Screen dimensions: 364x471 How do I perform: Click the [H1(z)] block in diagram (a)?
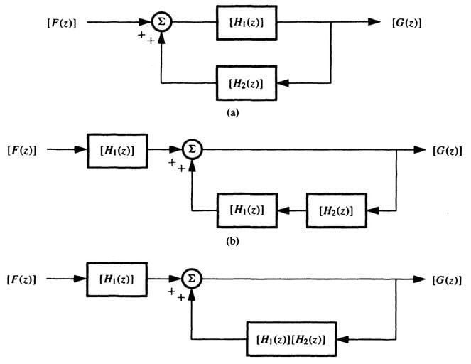[x=247, y=23]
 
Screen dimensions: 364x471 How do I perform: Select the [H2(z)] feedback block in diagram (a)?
[x=247, y=84]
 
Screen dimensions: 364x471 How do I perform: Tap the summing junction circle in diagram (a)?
[x=162, y=23]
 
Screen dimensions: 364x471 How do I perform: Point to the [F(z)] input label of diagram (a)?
[x=65, y=23]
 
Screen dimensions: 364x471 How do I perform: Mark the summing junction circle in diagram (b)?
[x=191, y=150]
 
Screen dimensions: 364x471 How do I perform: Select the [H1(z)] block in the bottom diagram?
[x=117, y=274]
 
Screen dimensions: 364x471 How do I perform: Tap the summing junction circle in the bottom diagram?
[x=191, y=274]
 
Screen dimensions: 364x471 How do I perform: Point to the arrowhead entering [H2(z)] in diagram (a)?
[x=282, y=84]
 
